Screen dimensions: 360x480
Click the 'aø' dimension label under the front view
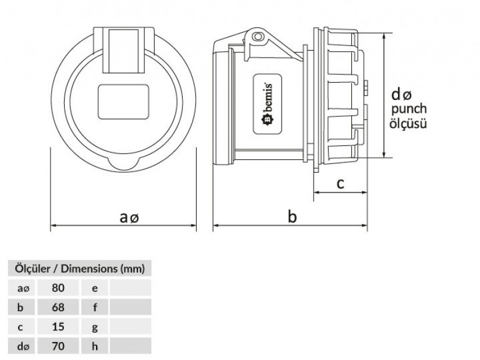click(130, 218)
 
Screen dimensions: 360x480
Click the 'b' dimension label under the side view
click(293, 217)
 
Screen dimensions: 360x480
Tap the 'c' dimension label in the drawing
click(340, 184)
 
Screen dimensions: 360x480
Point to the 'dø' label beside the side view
click(401, 94)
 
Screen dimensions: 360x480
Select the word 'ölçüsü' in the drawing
click(408, 123)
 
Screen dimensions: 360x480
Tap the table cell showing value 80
click(58, 287)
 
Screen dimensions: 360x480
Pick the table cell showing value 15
click(58, 327)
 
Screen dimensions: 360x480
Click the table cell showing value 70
click(58, 347)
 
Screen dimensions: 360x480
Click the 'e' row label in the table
click(95, 287)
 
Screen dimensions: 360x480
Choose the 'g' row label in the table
click(95, 327)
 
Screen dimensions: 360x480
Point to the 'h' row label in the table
click(95, 347)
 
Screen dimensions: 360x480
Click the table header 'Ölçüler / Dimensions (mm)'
click(79, 269)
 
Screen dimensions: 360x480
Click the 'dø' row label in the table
click(23, 347)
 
